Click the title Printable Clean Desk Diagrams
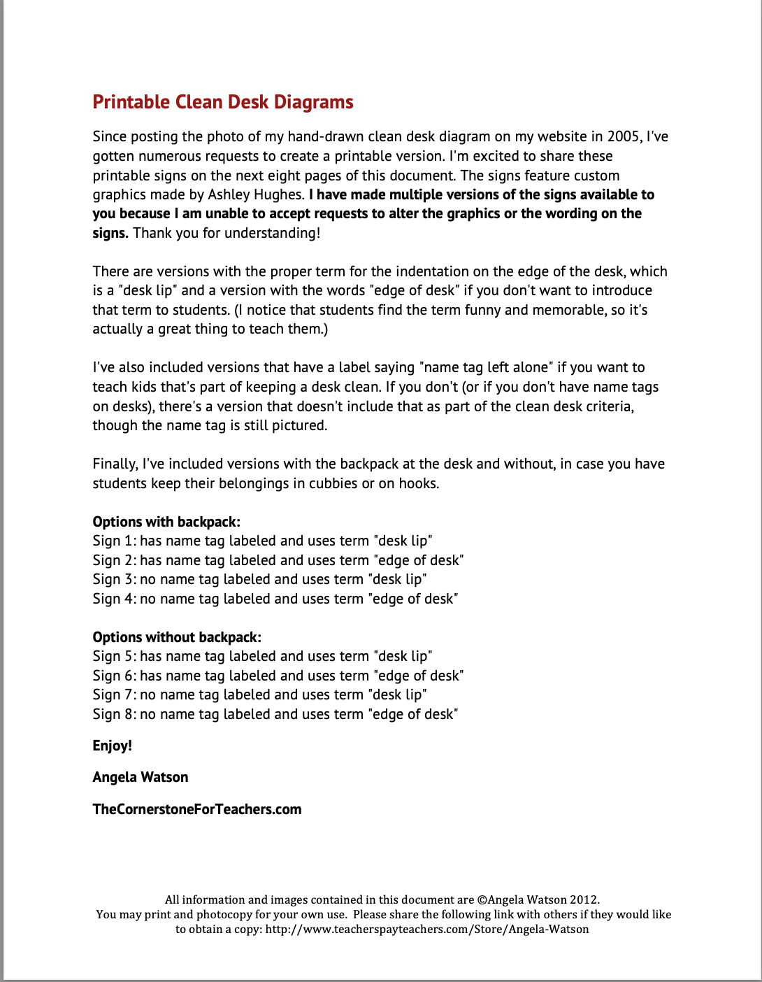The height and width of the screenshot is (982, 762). point(223,102)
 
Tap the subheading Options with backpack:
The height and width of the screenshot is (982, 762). point(166,522)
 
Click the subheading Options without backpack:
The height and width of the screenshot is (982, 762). point(177,637)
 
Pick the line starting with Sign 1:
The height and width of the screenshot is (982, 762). point(262,541)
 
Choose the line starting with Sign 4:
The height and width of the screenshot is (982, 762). point(275,599)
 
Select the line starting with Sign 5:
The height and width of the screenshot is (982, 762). point(262,656)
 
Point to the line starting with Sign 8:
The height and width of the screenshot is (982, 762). point(275,714)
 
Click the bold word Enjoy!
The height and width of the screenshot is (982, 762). point(112,746)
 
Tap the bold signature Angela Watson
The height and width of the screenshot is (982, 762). point(141,777)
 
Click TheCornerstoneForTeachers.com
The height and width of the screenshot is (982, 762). point(197,809)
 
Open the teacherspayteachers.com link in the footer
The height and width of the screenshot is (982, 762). point(427,930)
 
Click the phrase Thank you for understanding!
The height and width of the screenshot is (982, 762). point(227,233)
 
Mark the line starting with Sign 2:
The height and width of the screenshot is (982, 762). point(278,560)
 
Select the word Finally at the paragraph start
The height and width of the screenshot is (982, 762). point(115,464)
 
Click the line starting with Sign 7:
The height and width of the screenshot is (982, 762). point(259,695)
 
